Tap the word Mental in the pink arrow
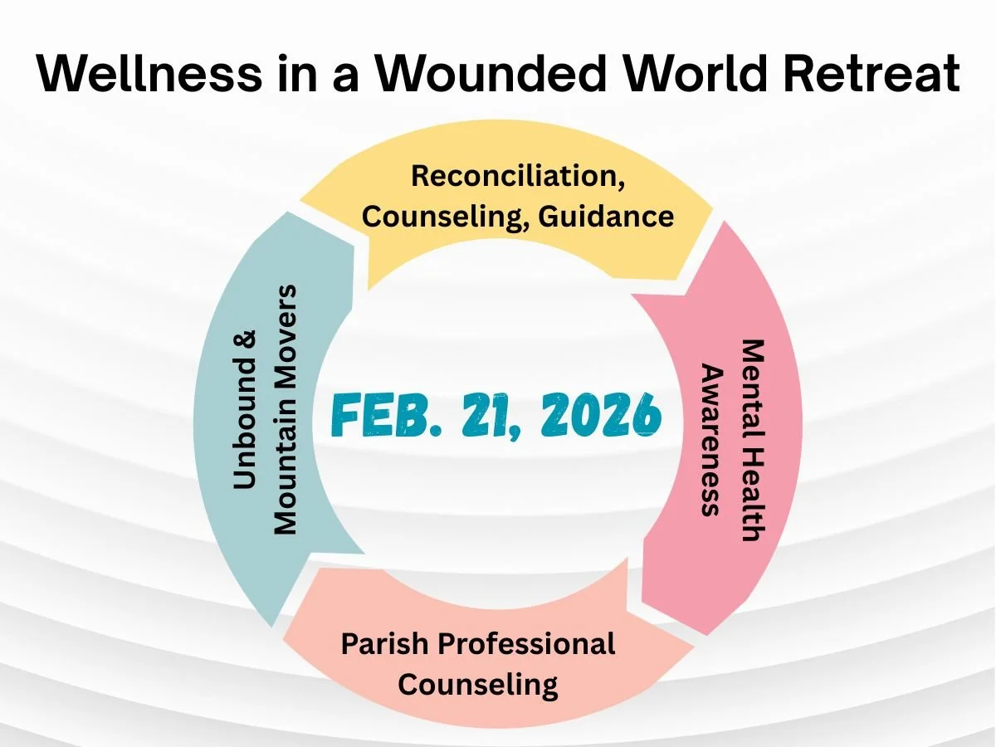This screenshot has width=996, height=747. pos(751,373)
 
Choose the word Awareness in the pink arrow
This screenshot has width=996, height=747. pos(710,440)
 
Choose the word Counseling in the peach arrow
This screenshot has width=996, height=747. pos(478,685)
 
